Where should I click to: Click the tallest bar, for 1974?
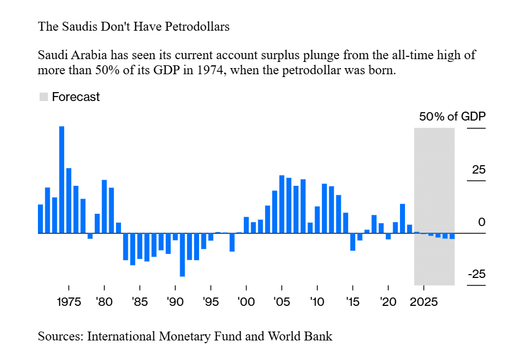(62, 179)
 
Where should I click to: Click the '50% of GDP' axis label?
(452, 117)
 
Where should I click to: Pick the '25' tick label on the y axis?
(479, 170)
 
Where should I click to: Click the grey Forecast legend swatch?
(44, 97)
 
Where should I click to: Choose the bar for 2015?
(353, 242)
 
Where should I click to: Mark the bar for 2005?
(282, 204)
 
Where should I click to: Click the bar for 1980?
(104, 206)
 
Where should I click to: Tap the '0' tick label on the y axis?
(482, 222)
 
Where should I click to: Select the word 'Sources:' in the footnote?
(60, 337)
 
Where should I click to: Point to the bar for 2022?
(402, 218)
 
